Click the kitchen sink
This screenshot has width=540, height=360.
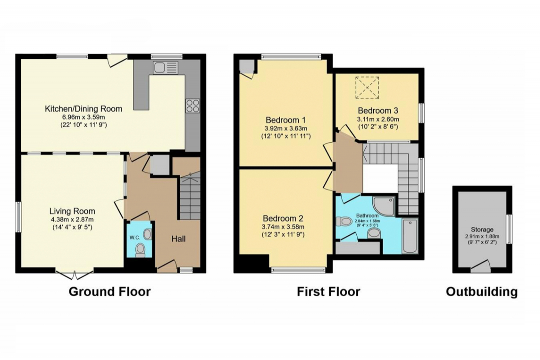[166, 67]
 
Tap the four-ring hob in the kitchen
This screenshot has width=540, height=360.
[193, 106]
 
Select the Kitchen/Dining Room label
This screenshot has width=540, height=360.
[84, 109]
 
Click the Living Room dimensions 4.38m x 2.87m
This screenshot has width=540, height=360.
[72, 220]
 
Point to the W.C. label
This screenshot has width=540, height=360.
[135, 238]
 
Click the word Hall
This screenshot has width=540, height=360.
[179, 239]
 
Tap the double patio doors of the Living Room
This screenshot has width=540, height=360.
[75, 275]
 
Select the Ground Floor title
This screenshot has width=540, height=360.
[110, 292]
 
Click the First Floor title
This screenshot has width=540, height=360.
[329, 292]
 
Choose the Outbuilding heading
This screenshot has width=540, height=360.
[482, 292]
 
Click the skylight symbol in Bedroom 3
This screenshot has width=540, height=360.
[367, 88]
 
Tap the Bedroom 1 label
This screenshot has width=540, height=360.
[286, 120]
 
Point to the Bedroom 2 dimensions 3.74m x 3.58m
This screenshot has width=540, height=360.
[283, 227]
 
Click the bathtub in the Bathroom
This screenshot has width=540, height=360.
[410, 236]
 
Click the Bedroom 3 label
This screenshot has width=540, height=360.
[378, 111]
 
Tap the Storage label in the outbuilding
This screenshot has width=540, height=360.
[482, 230]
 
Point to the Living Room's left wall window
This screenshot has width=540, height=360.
[19, 217]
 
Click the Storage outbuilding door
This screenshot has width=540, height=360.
[481, 267]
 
